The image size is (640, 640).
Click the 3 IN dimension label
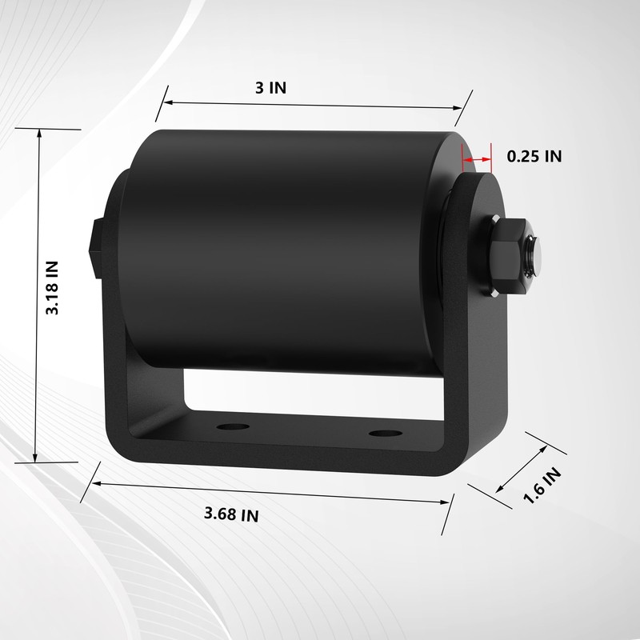coord(270,88)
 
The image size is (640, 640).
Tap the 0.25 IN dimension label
coord(534,157)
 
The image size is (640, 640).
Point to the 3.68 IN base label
coord(231,514)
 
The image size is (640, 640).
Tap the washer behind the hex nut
coord(489,258)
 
